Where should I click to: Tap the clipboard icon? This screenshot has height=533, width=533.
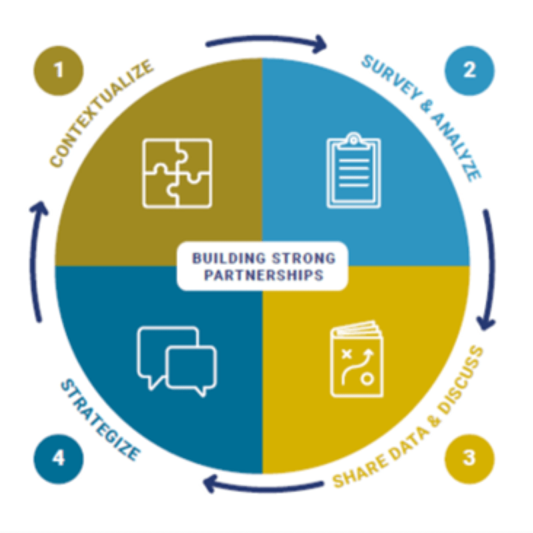pos(353,171)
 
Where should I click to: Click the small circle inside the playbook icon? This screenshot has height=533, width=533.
pos(367,379)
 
